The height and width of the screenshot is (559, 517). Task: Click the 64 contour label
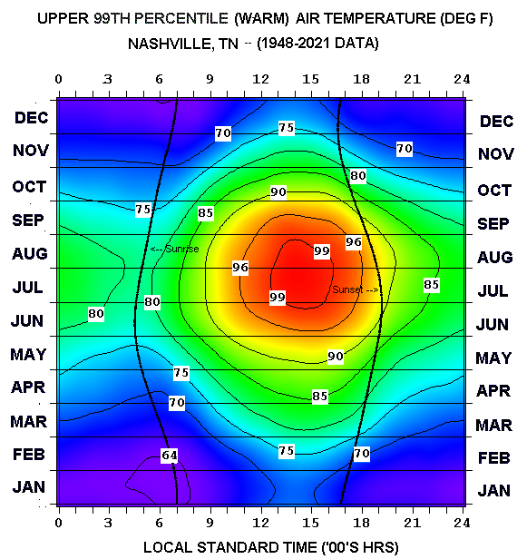pos(169,455)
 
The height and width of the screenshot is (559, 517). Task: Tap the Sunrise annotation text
pos(174,249)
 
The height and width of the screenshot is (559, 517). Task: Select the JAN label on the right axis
pos(495,491)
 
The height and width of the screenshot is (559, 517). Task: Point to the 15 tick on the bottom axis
pos(311,523)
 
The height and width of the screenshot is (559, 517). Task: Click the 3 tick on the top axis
pos(109,80)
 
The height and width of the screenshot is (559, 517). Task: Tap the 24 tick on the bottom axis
pos(463,523)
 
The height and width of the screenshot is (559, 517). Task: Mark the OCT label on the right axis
pos(495,191)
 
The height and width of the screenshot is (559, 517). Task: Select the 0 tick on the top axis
pos(59,80)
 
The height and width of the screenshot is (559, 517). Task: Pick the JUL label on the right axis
pos(495,290)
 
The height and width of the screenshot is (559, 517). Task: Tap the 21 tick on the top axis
pos(412,80)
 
